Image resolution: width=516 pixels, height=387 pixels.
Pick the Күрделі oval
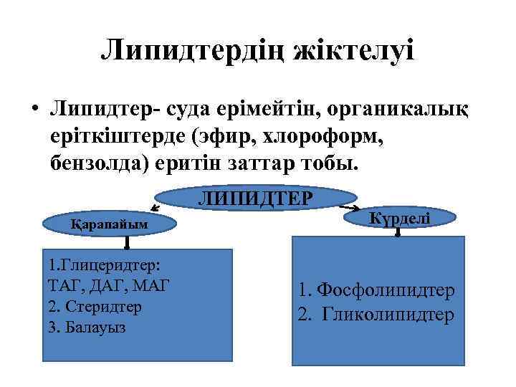(399, 216)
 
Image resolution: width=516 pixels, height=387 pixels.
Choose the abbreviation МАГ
(153, 285)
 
